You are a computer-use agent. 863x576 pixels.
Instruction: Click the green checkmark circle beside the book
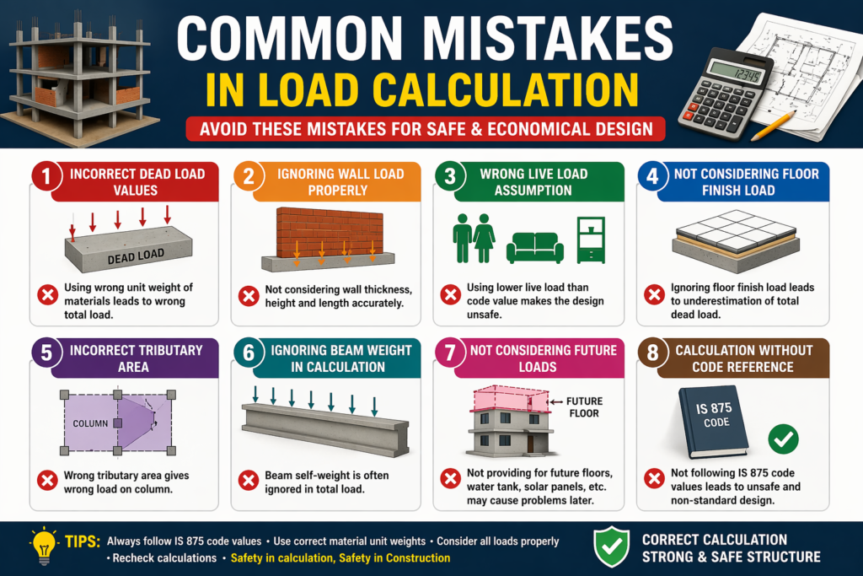[784, 438]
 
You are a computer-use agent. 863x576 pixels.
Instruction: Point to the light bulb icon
[43, 545]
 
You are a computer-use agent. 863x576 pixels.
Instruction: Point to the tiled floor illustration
[735, 232]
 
